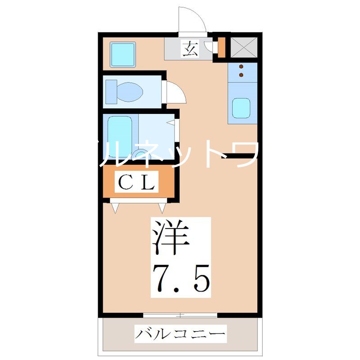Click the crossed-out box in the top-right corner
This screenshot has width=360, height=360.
click(x=244, y=46)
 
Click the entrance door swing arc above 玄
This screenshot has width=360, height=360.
click(x=193, y=20)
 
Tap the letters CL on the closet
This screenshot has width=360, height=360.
click(x=137, y=182)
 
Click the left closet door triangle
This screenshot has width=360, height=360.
click(x=116, y=207)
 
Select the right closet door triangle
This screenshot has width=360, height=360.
click(x=162, y=207)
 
